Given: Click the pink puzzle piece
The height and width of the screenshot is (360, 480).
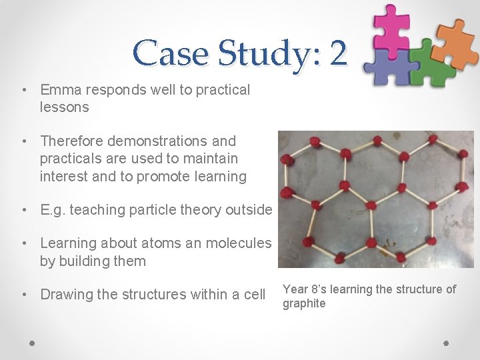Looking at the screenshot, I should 391,27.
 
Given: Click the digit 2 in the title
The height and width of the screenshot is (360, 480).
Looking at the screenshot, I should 337,53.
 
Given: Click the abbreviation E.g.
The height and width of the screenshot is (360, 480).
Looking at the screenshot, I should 53,210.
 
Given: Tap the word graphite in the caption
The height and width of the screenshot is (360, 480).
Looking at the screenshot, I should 304,304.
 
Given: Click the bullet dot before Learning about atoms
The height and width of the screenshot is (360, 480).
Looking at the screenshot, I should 23,244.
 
